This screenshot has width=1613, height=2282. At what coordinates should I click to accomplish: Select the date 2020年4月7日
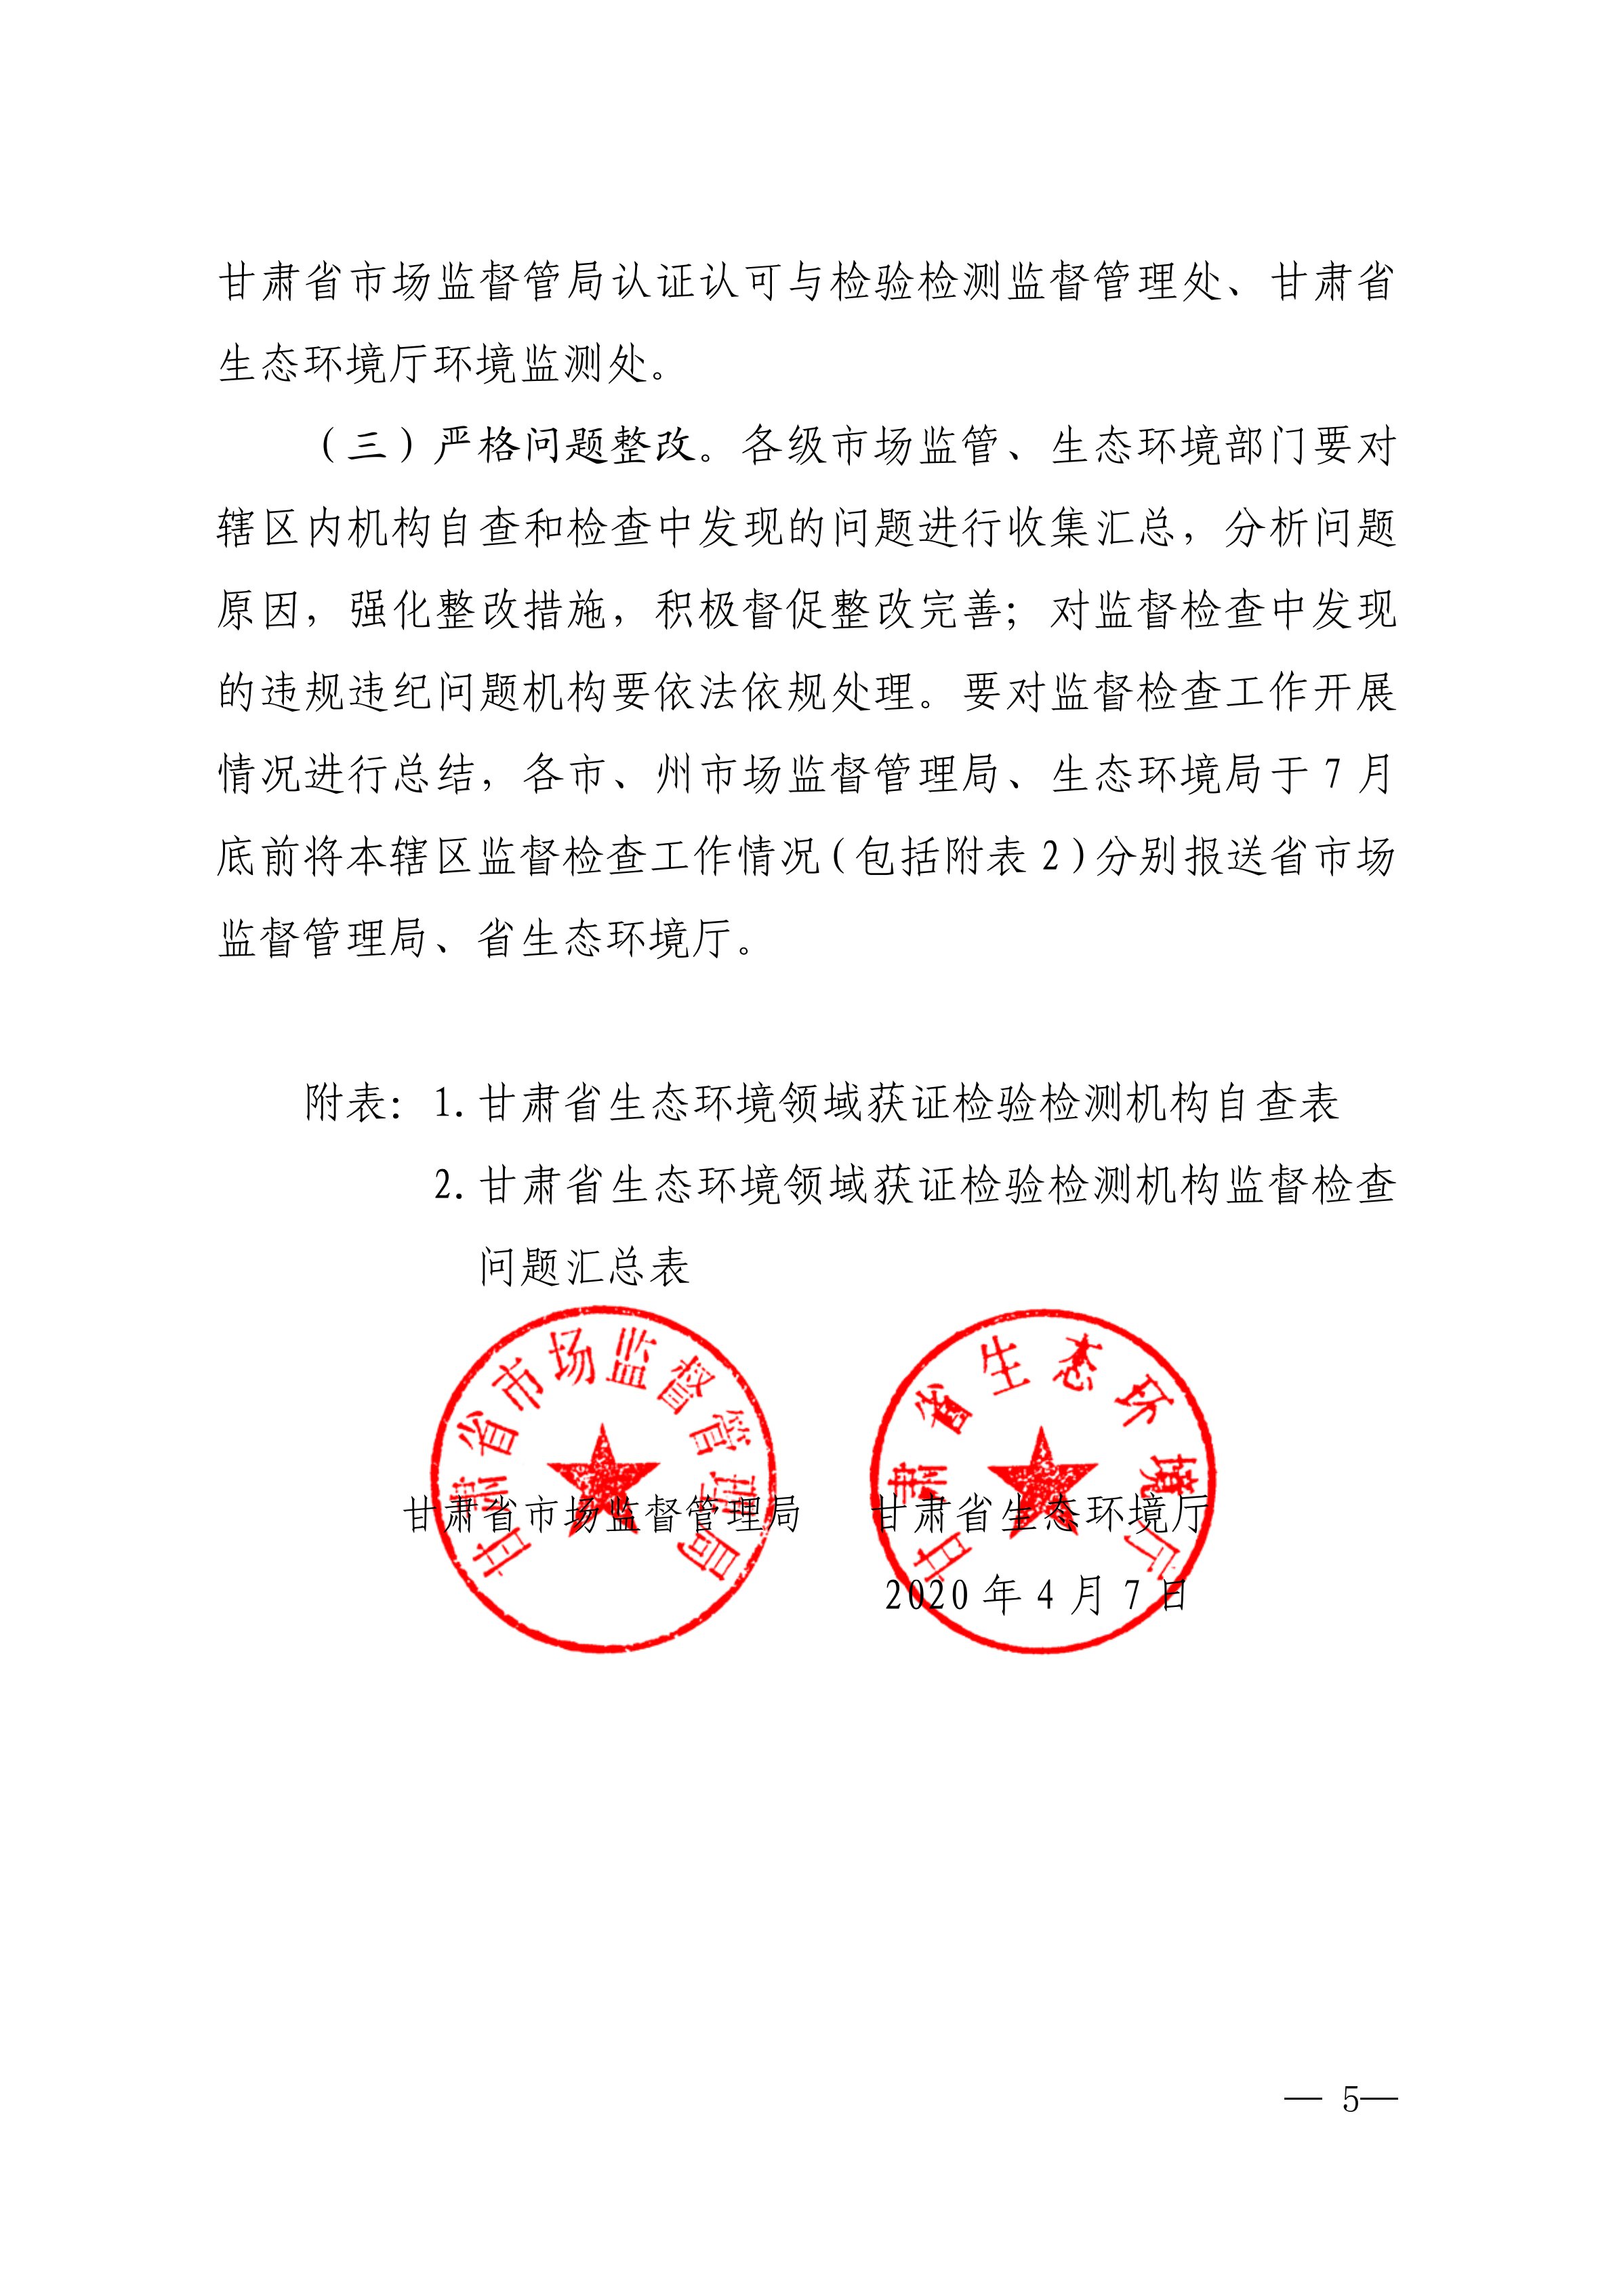click(1036, 1596)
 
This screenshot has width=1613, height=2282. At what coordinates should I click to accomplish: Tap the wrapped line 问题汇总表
click(584, 1267)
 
